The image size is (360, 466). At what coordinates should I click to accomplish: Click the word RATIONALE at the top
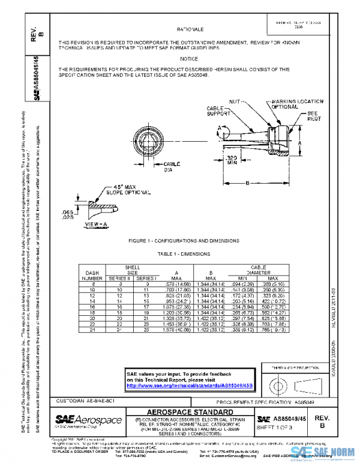tap(191, 29)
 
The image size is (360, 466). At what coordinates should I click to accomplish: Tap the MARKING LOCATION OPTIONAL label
tap(298, 104)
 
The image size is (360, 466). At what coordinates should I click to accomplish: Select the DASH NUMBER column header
tap(92, 275)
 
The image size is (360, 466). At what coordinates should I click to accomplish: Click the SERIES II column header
tap(120, 279)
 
